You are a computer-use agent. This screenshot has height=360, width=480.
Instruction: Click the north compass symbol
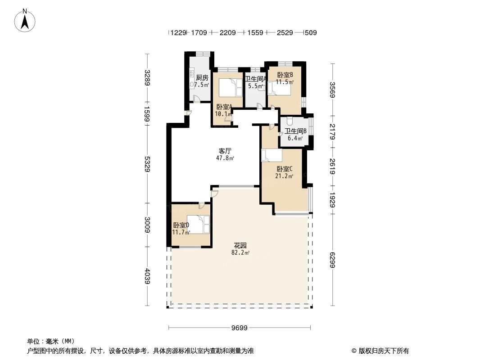[26, 20]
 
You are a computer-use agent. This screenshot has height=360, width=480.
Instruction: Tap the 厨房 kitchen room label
[202, 77]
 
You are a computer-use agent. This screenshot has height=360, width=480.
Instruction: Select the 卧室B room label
[285, 75]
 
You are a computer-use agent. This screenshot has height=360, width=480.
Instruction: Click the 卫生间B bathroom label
[296, 131]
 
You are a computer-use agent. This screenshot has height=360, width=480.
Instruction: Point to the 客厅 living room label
[225, 151]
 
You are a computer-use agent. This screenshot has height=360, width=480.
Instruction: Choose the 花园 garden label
[240, 246]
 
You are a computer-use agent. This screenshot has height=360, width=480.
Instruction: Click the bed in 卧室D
[199, 224]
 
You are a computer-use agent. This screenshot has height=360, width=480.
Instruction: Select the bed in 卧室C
[272, 155]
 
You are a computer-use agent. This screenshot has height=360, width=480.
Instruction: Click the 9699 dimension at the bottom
[240, 328]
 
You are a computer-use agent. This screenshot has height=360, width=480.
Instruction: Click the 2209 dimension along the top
[228, 33]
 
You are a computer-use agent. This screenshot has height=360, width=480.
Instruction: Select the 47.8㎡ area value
[225, 158]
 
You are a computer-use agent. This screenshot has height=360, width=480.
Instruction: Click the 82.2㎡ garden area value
[240, 253]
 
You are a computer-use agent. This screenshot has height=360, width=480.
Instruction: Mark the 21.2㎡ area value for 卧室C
[285, 176]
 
